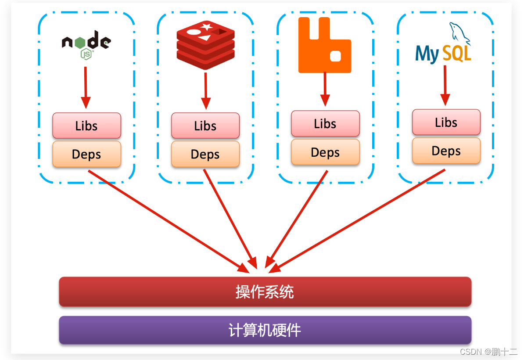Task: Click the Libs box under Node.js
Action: [x=86, y=126]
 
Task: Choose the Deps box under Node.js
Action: [x=86, y=154]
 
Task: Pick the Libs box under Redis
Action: [x=205, y=126]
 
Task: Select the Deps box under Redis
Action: [x=205, y=154]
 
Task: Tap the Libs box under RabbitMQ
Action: [x=325, y=123]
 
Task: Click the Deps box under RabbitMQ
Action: [x=325, y=152]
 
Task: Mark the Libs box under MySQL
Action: [x=446, y=122]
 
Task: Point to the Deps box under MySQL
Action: [x=446, y=151]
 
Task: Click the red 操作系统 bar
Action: [x=265, y=292]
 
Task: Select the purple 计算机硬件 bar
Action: [x=265, y=330]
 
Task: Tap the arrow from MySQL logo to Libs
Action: [x=445, y=85]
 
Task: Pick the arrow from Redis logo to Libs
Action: [x=205, y=90]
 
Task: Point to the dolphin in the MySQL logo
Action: [x=459, y=33]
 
